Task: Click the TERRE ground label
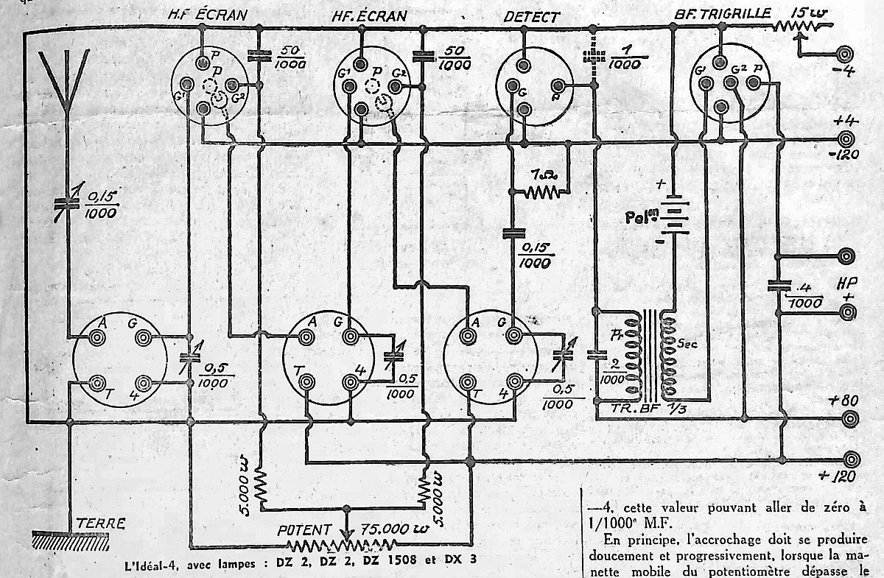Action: click(101, 524)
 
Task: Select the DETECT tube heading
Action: click(531, 16)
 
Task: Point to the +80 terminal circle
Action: click(851, 419)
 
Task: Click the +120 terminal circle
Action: click(851, 457)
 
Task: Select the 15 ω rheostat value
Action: click(804, 13)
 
